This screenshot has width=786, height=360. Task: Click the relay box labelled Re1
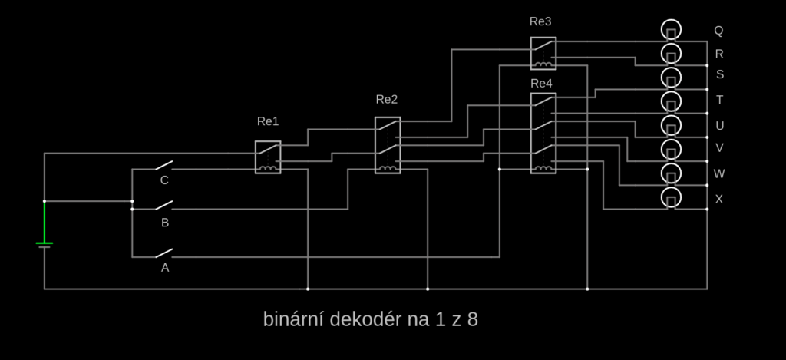(x=268, y=157)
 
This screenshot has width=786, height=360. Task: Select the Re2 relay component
(x=387, y=145)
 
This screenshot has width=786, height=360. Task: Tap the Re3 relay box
(x=543, y=53)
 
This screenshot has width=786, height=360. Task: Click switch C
(x=163, y=167)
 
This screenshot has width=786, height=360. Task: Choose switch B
(x=163, y=206)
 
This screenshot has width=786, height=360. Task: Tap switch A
(x=163, y=253)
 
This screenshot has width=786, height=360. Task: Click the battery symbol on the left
(x=45, y=244)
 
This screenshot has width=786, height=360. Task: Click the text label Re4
(x=540, y=83)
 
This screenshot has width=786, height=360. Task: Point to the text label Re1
(x=268, y=121)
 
